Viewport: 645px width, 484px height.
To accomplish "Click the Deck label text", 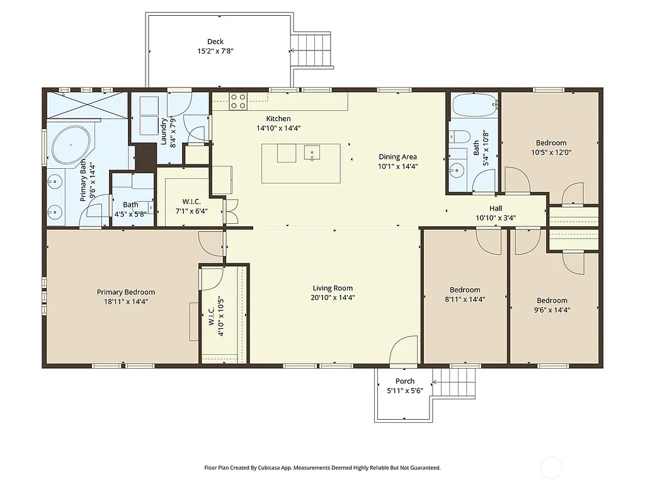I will [x=215, y=42].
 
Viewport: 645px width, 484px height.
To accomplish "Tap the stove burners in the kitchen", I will [x=238, y=101].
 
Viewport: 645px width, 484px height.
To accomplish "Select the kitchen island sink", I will [x=312, y=153].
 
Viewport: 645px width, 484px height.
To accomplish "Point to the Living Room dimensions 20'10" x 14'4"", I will [x=333, y=297].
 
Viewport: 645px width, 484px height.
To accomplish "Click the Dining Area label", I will [x=397, y=157].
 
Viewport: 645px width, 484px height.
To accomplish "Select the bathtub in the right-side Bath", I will [x=474, y=105].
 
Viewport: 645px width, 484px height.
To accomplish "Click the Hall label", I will [x=496, y=209].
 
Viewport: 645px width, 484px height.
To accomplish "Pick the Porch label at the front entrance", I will [x=405, y=381].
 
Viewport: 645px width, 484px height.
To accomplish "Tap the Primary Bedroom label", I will [x=125, y=292].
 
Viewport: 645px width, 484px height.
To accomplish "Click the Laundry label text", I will [x=164, y=132].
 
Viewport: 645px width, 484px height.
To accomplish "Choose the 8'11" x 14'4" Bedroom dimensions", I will [x=464, y=300].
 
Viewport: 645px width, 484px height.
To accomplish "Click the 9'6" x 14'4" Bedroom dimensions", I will [x=552, y=310].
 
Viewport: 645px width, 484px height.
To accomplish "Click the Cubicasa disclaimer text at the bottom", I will [x=322, y=468].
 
